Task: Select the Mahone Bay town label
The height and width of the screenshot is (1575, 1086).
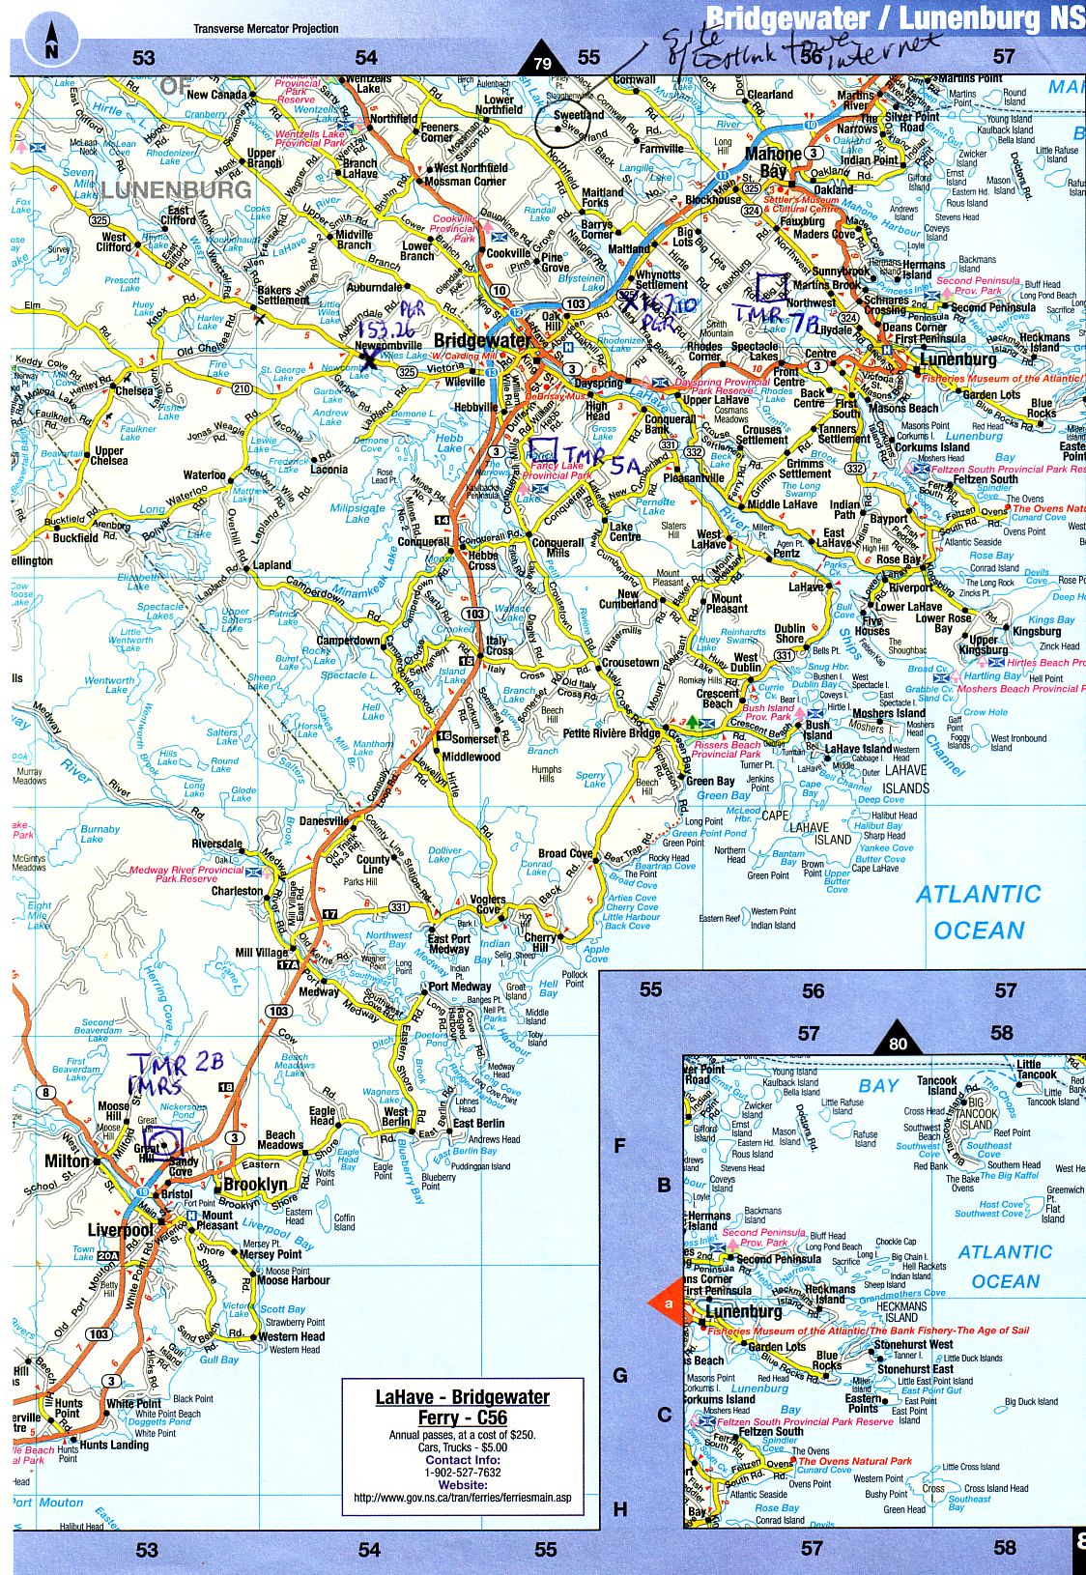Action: [773, 162]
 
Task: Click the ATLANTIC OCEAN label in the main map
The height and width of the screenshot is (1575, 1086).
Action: [978, 912]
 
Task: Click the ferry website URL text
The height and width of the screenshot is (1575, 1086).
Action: [462, 1499]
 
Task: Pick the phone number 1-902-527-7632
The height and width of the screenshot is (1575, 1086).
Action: [462, 1473]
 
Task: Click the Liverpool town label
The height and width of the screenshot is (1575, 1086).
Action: [121, 1231]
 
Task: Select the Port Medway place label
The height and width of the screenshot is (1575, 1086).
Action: [460, 987]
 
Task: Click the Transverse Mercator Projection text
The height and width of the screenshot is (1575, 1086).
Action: [266, 28]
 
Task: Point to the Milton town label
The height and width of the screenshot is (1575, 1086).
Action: [68, 1160]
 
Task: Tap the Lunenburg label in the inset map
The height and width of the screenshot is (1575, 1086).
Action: [743, 1312]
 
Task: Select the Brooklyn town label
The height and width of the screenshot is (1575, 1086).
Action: [256, 1185]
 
